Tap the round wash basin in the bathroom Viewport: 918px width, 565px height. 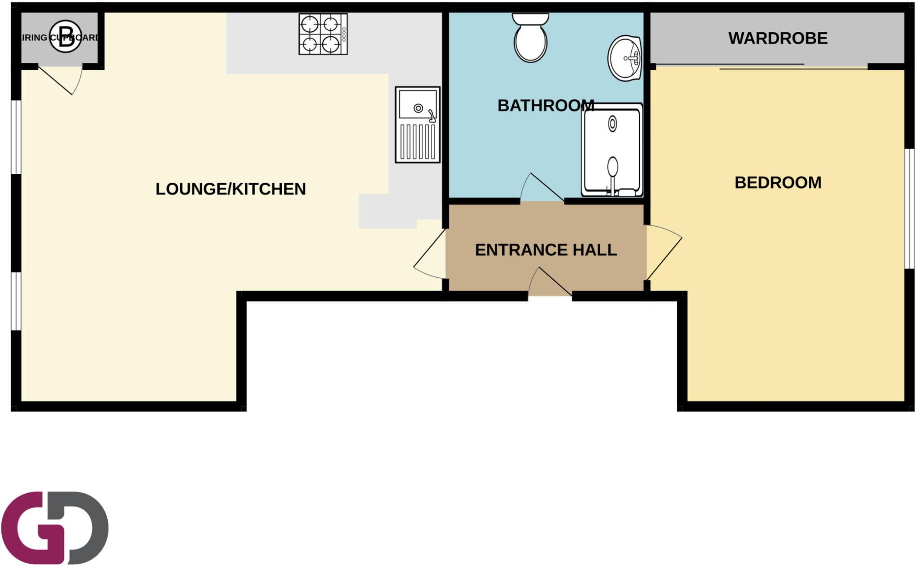point(624,59)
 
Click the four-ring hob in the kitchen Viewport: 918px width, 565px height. point(323,34)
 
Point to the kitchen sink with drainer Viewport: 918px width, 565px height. point(417,125)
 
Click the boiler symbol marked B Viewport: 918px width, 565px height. point(65,36)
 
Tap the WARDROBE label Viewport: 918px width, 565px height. point(777,39)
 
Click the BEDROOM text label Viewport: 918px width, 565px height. point(778,183)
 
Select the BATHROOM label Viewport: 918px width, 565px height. point(546,106)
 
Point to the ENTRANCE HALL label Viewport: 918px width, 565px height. point(546,250)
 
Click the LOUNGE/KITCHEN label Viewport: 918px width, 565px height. point(230,189)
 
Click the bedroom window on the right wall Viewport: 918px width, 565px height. point(909,209)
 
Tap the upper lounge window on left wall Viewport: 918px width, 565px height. point(16,137)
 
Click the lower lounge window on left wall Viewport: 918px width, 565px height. point(16,301)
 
